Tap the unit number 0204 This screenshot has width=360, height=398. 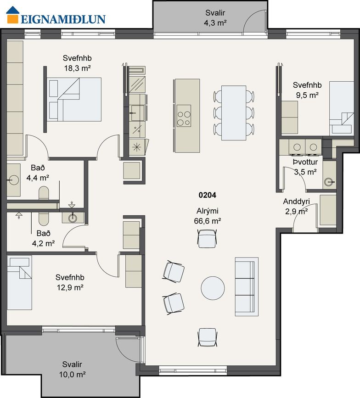(x=208, y=195)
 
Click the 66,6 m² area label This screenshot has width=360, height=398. (x=208, y=221)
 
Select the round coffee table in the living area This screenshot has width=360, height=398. (x=213, y=288)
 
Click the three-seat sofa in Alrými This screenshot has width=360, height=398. (x=247, y=286)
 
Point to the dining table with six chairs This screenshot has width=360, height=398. (x=234, y=113)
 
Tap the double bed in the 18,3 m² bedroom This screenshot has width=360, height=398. (x=74, y=99)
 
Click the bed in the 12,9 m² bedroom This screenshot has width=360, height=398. (x=19, y=283)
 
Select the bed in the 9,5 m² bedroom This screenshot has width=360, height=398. (x=342, y=108)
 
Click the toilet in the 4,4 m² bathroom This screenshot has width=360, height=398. (x=44, y=193)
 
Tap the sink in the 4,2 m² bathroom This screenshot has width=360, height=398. (x=73, y=218)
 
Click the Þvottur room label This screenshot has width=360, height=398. (x=305, y=162)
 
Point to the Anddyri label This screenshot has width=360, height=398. (x=297, y=202)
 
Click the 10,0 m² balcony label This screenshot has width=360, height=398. (x=73, y=375)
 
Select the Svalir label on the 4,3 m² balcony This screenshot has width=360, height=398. (x=215, y=13)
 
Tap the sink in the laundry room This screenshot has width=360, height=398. (x=329, y=182)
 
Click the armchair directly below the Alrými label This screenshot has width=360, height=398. (x=207, y=238)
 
